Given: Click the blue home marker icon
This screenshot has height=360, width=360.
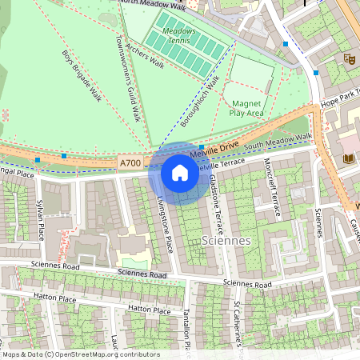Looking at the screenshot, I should tap(180, 172).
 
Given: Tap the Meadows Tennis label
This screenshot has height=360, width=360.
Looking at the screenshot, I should tap(179, 35).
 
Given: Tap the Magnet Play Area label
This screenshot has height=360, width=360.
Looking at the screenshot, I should tap(247, 108).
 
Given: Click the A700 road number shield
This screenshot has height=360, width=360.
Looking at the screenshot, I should tap(130, 163).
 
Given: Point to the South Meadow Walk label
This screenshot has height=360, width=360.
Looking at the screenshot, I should tap(278, 142).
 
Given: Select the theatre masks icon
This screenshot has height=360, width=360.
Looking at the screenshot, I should tap(348, 58).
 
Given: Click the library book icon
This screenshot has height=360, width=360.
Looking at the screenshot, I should tap(348, 158).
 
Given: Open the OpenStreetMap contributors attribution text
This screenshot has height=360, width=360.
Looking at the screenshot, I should tap(80, 354).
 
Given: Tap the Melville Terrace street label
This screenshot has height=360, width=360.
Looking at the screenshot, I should tap(222, 163).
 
